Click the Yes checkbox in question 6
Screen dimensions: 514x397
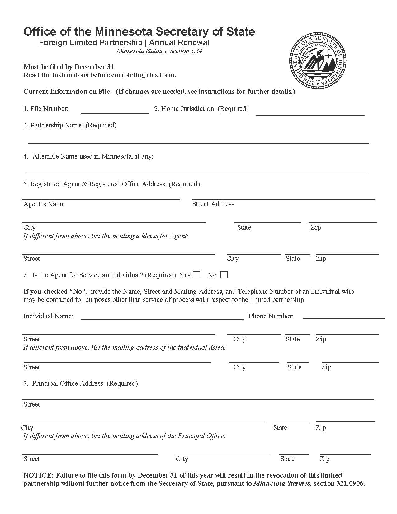[x=196, y=275]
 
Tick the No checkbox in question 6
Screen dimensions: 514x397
[x=224, y=275]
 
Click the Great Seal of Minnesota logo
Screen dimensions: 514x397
[x=318, y=61]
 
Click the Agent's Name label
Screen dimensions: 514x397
[x=44, y=204]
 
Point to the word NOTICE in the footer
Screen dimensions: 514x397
[x=38, y=475]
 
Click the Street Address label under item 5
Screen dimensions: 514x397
[x=213, y=204]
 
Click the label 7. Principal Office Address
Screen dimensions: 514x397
[x=81, y=383]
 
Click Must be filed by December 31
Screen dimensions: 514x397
[x=69, y=67]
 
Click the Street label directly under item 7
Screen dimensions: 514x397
[x=32, y=404]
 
